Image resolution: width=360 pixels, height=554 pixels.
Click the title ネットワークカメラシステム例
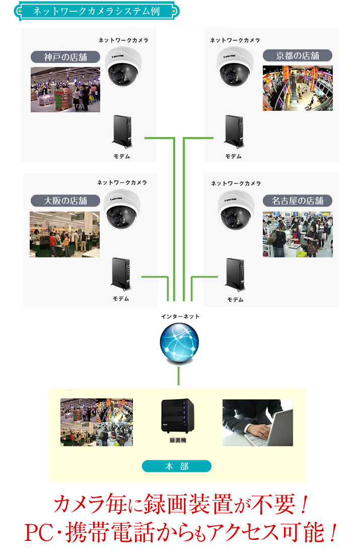tap(96, 11)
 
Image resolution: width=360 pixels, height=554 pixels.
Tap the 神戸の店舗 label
tap(65, 56)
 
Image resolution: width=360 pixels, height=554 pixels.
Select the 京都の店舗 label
tap(298, 55)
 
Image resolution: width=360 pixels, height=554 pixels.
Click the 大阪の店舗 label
tap(65, 200)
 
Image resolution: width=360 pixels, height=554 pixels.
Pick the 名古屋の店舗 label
tap(298, 200)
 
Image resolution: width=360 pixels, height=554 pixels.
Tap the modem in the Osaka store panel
tap(121, 276)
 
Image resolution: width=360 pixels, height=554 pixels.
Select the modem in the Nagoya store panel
tap(235, 276)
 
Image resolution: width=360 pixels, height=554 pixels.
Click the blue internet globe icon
tap(179, 344)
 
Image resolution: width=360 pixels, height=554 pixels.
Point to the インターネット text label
tap(180, 316)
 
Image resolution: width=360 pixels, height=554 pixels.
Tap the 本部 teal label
tap(176, 466)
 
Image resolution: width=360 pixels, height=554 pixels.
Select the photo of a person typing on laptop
tap(257, 423)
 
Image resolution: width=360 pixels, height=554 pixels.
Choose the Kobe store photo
tap(65, 89)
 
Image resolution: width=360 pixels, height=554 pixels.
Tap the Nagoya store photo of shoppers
tap(298, 234)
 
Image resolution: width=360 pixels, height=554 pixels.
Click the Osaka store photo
tap(64, 234)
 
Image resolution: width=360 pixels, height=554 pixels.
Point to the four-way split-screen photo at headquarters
tap(97, 423)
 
